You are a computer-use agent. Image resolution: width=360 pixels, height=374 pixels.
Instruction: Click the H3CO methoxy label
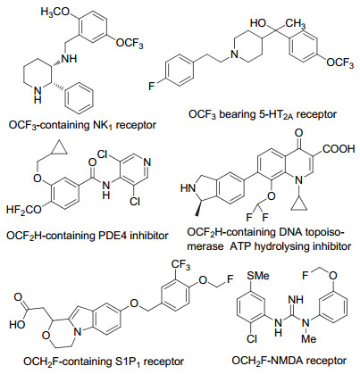coord(54,12)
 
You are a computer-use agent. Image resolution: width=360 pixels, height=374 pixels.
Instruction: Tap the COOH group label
coord(339,148)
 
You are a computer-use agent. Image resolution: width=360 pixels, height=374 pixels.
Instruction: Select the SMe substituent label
coord(257,275)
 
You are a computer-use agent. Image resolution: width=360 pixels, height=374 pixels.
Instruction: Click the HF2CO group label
coord(24,210)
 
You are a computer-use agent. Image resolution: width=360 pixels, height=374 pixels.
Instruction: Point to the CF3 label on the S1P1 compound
coord(180,265)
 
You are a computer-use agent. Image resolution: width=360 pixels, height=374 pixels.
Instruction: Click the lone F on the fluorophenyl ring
coord(152,87)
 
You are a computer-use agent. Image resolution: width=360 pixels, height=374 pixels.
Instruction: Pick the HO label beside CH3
coord(258,23)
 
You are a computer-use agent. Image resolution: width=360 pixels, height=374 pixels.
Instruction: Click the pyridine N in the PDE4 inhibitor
coord(147,162)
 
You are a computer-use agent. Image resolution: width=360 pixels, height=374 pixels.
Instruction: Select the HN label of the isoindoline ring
coord(188,187)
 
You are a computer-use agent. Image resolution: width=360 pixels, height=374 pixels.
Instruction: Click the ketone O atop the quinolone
coord(299,132)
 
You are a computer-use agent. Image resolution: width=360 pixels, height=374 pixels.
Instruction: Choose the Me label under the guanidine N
coord(308,338)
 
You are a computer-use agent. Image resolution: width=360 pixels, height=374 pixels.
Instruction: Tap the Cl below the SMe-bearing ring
coord(252,338)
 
